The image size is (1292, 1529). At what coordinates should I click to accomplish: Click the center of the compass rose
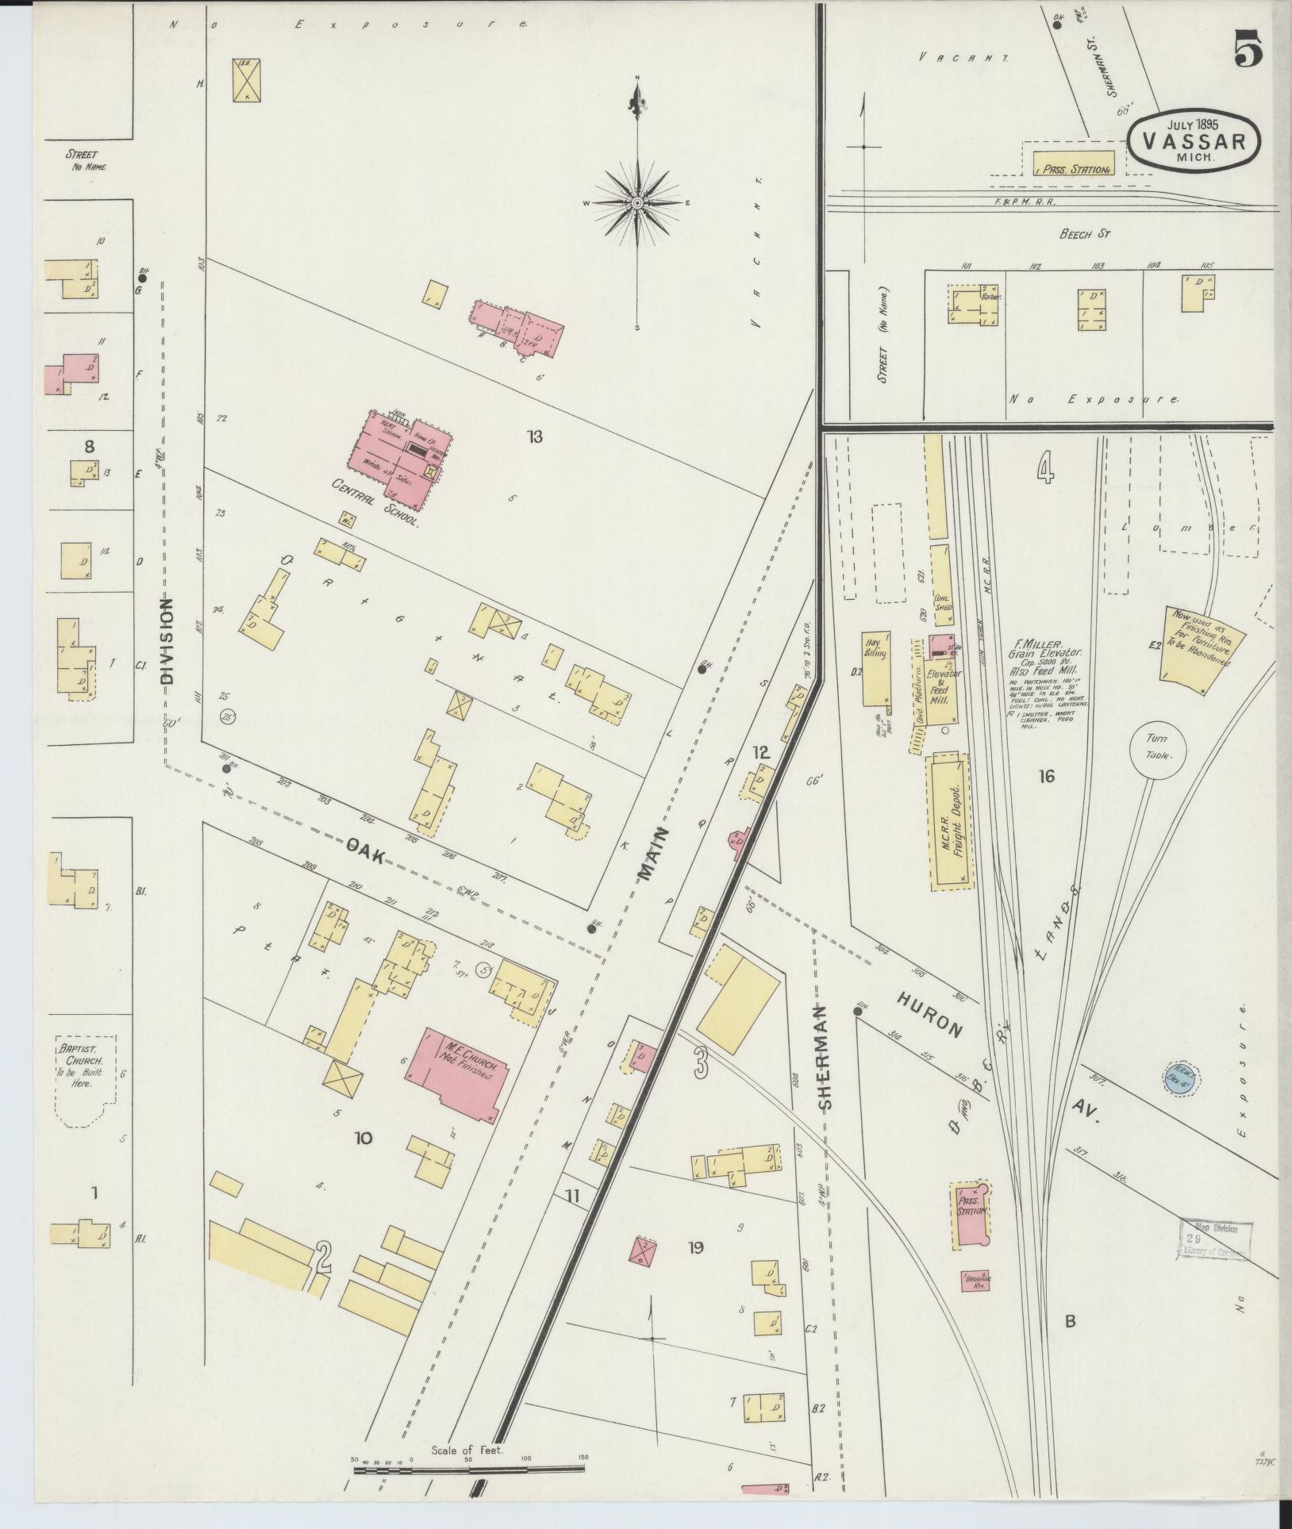(x=636, y=204)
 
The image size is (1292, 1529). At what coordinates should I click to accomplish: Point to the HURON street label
(x=929, y=1013)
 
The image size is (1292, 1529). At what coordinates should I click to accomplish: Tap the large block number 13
(x=534, y=436)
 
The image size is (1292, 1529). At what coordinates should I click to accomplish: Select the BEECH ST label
(x=1084, y=233)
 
